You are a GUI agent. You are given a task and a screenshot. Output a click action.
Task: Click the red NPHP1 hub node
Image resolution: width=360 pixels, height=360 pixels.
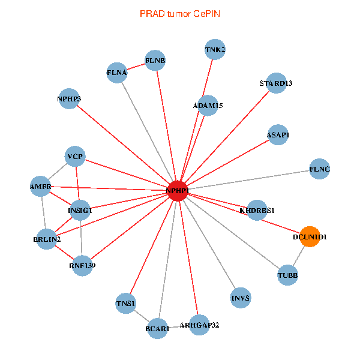click(178, 190)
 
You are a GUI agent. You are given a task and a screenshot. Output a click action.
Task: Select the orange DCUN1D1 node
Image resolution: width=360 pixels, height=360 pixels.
click(309, 237)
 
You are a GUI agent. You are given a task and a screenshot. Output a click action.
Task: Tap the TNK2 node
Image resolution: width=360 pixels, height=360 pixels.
click(215, 50)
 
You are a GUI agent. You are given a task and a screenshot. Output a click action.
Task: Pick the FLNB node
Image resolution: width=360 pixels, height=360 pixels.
click(155, 61)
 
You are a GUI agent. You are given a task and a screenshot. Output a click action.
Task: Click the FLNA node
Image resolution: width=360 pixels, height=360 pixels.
click(117, 73)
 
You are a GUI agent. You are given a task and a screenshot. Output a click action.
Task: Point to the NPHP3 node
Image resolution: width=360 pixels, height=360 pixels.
click(69, 98)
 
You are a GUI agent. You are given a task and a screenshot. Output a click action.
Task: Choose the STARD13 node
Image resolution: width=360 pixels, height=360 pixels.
click(275, 83)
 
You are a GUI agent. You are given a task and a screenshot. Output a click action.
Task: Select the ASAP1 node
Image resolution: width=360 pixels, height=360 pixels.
click(278, 135)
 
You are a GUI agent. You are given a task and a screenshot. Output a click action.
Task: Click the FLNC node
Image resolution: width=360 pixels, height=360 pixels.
click(319, 169)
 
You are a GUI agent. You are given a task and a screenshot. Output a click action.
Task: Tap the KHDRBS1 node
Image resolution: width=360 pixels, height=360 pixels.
click(257, 211)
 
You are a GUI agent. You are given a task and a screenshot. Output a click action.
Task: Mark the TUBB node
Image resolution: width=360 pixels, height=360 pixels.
click(287, 275)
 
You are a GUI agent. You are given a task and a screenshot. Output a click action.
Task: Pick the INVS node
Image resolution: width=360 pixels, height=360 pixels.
click(240, 298)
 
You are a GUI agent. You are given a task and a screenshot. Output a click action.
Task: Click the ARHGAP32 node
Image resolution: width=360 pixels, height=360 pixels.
click(199, 325)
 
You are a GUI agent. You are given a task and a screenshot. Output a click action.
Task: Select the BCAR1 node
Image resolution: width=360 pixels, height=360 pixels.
click(158, 328)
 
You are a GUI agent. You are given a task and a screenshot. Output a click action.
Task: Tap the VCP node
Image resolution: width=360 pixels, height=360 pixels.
click(76, 157)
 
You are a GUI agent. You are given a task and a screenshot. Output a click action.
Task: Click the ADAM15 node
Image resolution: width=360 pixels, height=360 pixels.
click(208, 106)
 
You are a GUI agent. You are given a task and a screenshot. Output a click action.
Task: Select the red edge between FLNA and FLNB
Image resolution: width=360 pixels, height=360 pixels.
click(136, 67)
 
